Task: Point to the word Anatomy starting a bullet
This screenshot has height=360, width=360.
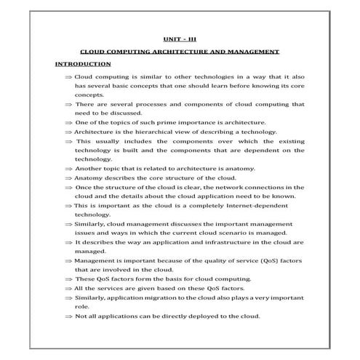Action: pyautogui.click(x=91, y=177)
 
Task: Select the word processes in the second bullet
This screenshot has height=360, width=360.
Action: pyautogui.click(x=152, y=104)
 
